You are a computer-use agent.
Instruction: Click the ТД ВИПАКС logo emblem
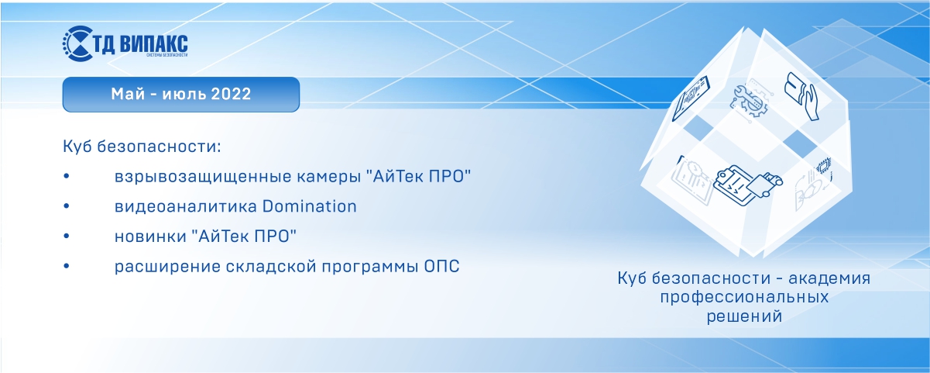(x=77, y=43)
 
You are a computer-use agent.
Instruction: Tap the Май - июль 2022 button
(x=180, y=95)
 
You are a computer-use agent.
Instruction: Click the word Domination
(x=310, y=206)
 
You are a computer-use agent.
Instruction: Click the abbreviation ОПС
(x=442, y=266)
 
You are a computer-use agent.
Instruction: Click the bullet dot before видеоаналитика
(x=67, y=206)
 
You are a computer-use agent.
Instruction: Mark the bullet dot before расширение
(x=67, y=266)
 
